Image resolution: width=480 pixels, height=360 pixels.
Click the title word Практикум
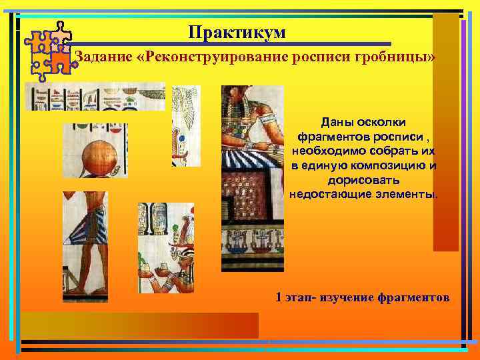tap(237, 32)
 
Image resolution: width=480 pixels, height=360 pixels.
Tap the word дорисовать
tap(364, 180)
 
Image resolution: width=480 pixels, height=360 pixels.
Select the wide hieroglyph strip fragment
tap(95, 96)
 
